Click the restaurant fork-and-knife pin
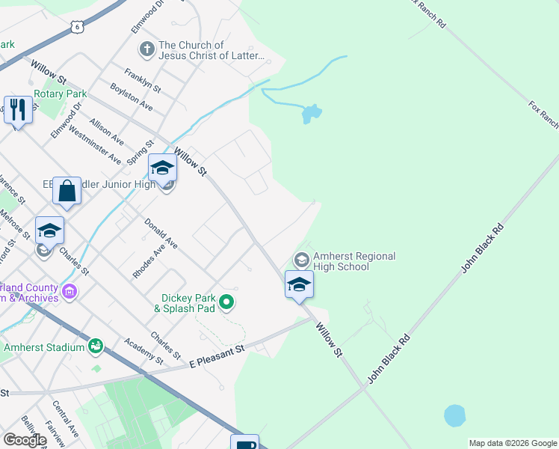(16, 110)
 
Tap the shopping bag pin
(67, 191)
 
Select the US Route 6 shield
(77, 27)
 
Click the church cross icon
(146, 50)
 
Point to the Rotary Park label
(61, 94)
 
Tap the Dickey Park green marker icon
(228, 303)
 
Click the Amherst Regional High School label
(354, 261)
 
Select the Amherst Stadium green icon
(95, 346)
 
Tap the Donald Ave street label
(161, 233)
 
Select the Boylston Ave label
(132, 97)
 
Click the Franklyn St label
(143, 80)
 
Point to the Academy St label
(144, 350)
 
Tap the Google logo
(25, 440)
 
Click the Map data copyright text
(512, 443)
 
